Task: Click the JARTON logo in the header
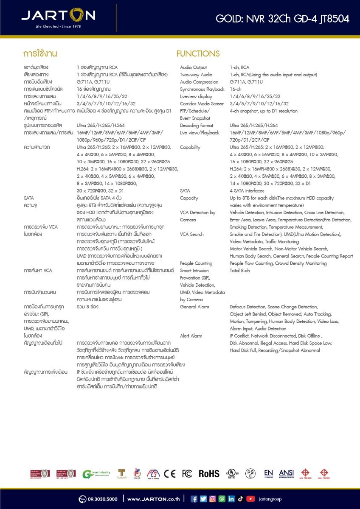tap(58, 17)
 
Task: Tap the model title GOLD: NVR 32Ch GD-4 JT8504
tap(282, 19)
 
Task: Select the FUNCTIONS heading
tap(198, 54)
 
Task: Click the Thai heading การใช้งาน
tap(40, 54)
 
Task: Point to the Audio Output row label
tap(194, 67)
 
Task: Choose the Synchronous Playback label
tap(202, 89)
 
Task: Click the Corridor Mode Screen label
tap(202, 103)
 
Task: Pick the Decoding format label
tap(197, 126)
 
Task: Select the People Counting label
tap(196, 263)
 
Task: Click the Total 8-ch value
tap(240, 271)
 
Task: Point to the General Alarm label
tap(194, 307)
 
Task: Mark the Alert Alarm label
tap(191, 336)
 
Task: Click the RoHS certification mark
tap(209, 474)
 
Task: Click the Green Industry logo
tap(96, 474)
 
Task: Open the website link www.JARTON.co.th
tap(153, 499)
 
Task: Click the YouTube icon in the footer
tap(250, 499)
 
